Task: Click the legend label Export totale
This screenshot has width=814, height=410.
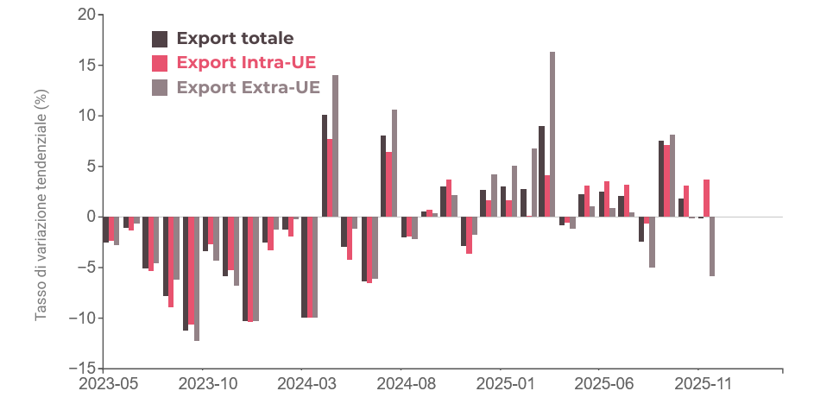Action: [x=235, y=39]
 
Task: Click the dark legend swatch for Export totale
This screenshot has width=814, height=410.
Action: [x=161, y=39]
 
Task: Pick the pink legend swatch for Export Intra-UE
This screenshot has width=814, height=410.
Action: [x=161, y=63]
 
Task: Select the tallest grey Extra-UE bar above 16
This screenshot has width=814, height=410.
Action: [x=552, y=134]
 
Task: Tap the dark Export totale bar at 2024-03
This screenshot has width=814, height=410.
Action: [x=325, y=165]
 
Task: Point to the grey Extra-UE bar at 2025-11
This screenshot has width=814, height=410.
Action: [x=713, y=246]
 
